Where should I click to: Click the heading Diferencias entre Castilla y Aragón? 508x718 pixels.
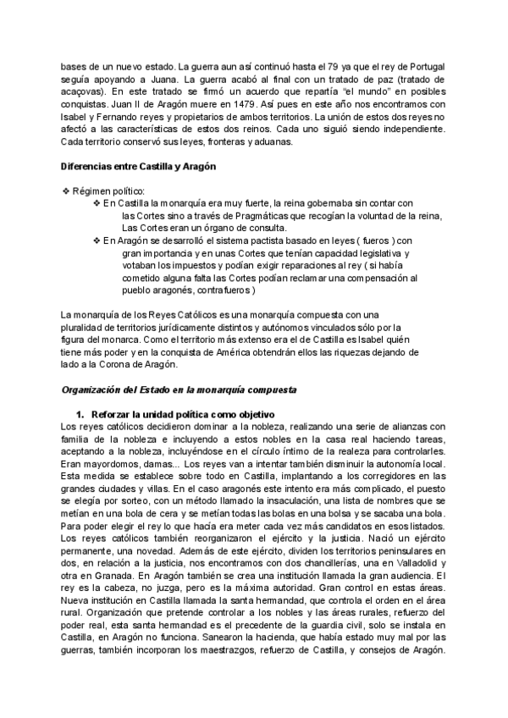coord(139,167)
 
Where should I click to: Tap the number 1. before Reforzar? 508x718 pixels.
coord(81,414)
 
